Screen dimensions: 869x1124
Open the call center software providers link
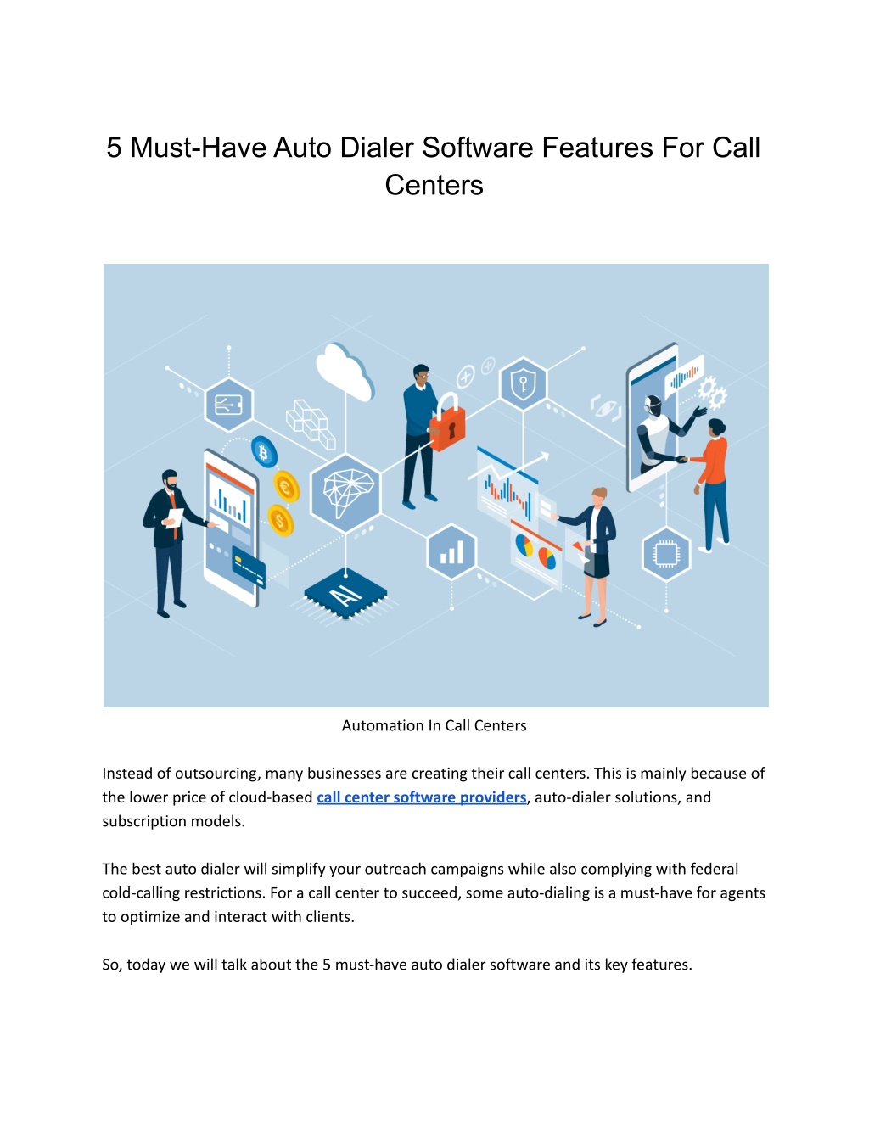(x=422, y=797)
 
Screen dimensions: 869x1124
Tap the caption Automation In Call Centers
(x=434, y=725)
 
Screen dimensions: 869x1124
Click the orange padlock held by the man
(x=448, y=422)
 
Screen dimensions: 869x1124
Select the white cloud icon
(x=345, y=372)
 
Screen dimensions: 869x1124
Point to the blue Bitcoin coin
(x=264, y=452)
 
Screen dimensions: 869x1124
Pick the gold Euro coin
(x=286, y=486)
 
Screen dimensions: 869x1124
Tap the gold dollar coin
(x=280, y=520)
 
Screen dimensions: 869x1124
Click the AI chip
(x=345, y=593)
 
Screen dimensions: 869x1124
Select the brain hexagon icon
(x=345, y=493)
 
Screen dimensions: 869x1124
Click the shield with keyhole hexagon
(x=523, y=383)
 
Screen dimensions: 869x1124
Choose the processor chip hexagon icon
(x=665, y=555)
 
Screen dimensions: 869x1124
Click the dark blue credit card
(x=249, y=567)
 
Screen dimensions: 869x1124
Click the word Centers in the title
(x=434, y=185)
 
